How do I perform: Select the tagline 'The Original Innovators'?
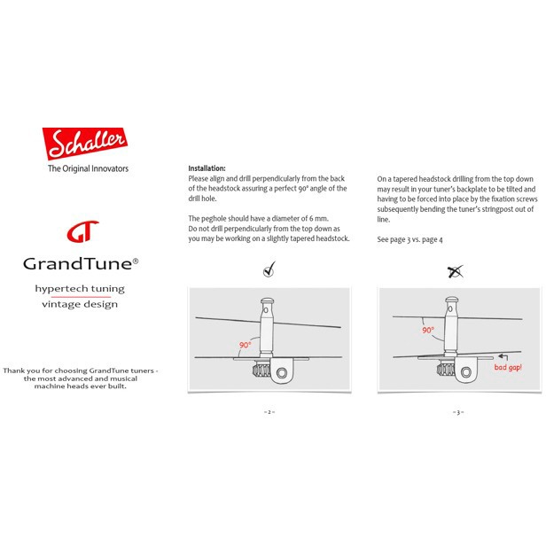pos(86,168)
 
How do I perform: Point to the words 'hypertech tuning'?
pos(80,289)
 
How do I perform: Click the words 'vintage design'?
pos(80,304)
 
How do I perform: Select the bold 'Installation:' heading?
pos(207,168)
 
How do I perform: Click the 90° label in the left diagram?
pos(246,345)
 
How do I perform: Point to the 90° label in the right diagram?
pos(428,330)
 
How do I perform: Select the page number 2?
pos(269,412)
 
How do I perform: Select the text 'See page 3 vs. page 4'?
pos(410,239)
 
